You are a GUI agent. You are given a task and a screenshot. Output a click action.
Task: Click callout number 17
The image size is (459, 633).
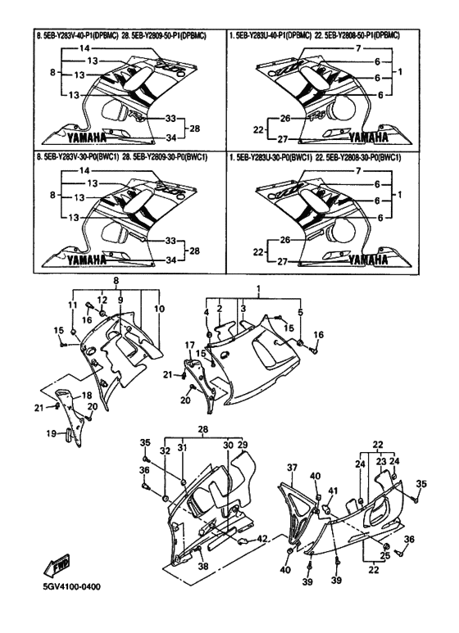[x=188, y=346]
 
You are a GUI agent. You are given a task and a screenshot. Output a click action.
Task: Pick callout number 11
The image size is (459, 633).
[x=71, y=305]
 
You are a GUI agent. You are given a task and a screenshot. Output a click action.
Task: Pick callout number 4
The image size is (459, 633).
[x=207, y=311]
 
